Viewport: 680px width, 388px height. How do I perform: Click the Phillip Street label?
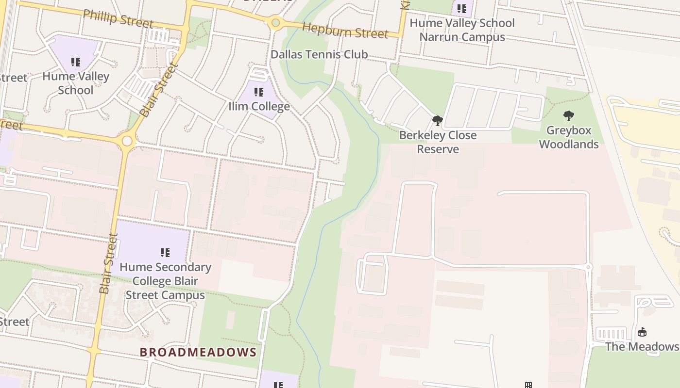click(x=118, y=18)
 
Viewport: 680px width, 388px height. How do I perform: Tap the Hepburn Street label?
click(x=345, y=31)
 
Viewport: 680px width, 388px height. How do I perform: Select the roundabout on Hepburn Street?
click(x=276, y=22)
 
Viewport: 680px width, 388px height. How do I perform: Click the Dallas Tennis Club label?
click(x=319, y=54)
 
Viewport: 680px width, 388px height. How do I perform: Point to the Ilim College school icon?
click(x=259, y=92)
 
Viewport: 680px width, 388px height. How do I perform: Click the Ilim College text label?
click(x=259, y=106)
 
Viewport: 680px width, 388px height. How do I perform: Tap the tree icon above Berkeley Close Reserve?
click(x=437, y=120)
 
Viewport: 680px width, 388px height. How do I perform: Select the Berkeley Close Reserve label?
click(x=438, y=142)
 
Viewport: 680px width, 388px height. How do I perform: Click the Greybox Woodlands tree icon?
click(x=568, y=116)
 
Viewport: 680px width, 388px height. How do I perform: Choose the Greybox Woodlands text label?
click(x=568, y=137)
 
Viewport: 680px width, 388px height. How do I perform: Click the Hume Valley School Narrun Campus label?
click(x=462, y=30)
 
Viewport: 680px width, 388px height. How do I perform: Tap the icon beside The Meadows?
click(x=642, y=332)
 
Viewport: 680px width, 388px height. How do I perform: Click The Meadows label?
click(x=642, y=346)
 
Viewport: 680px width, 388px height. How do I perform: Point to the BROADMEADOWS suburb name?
click(x=198, y=352)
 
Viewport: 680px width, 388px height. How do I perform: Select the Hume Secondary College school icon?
click(x=165, y=253)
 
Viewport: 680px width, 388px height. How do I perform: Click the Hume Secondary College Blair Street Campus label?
click(x=165, y=281)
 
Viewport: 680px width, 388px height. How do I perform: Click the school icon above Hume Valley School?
click(x=76, y=62)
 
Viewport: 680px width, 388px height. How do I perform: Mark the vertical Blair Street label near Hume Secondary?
click(x=108, y=263)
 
